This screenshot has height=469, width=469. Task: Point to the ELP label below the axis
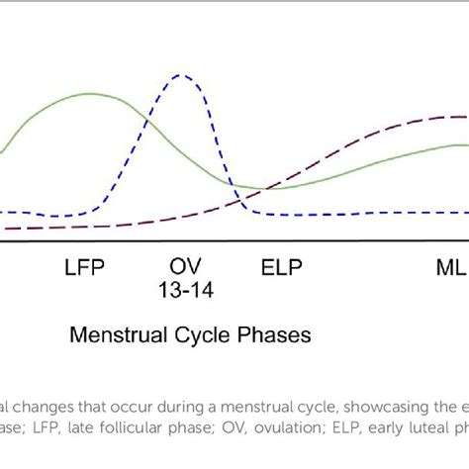click(282, 267)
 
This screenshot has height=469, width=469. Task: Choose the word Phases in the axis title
click(274, 335)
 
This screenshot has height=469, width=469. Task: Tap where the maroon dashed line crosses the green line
click(273, 187)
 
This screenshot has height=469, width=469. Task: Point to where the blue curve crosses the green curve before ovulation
click(147, 121)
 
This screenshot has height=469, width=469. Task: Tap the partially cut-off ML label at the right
click(452, 267)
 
